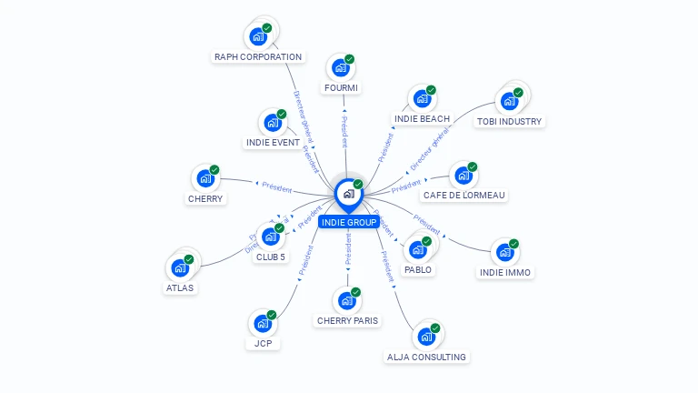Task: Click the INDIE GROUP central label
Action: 348,222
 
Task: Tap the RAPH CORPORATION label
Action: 257,56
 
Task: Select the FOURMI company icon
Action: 341,67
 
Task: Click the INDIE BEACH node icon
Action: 422,98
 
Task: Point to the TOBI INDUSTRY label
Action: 509,121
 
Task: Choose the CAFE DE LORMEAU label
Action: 464,195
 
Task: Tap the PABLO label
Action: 418,269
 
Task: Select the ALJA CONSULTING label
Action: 426,357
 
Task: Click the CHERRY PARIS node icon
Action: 346,300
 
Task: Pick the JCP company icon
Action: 263,323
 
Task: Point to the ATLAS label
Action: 179,287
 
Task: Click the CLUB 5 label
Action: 270,257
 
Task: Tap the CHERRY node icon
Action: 205,177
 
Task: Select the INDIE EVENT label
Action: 273,142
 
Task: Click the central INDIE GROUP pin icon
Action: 348,193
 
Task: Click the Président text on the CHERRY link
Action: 276,188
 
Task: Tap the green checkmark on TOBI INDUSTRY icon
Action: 518,91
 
